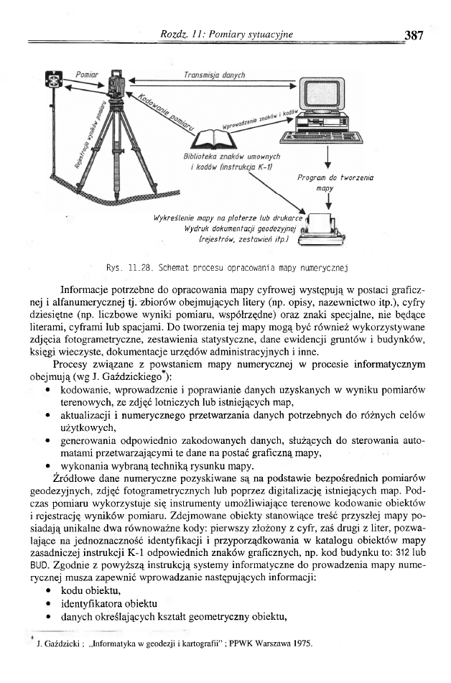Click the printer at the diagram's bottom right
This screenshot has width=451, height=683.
(x=327, y=228)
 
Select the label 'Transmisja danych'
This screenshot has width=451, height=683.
(x=215, y=75)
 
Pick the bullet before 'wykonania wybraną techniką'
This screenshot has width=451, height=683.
(x=47, y=465)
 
